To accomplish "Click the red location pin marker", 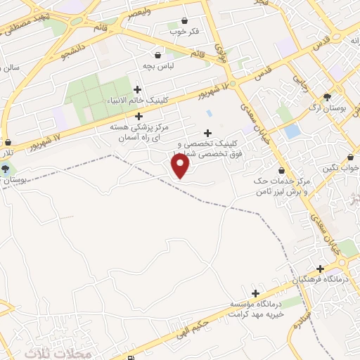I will (181, 166).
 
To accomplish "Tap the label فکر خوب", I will (184, 32).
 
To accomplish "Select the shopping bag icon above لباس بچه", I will (159, 54).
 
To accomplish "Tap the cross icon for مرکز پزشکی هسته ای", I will (139, 116).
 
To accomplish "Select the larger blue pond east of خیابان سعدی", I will (292, 131).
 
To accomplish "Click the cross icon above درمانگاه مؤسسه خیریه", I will (255, 292).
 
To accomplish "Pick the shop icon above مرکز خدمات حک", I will (282, 170).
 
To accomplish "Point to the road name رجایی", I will (300, 84).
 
